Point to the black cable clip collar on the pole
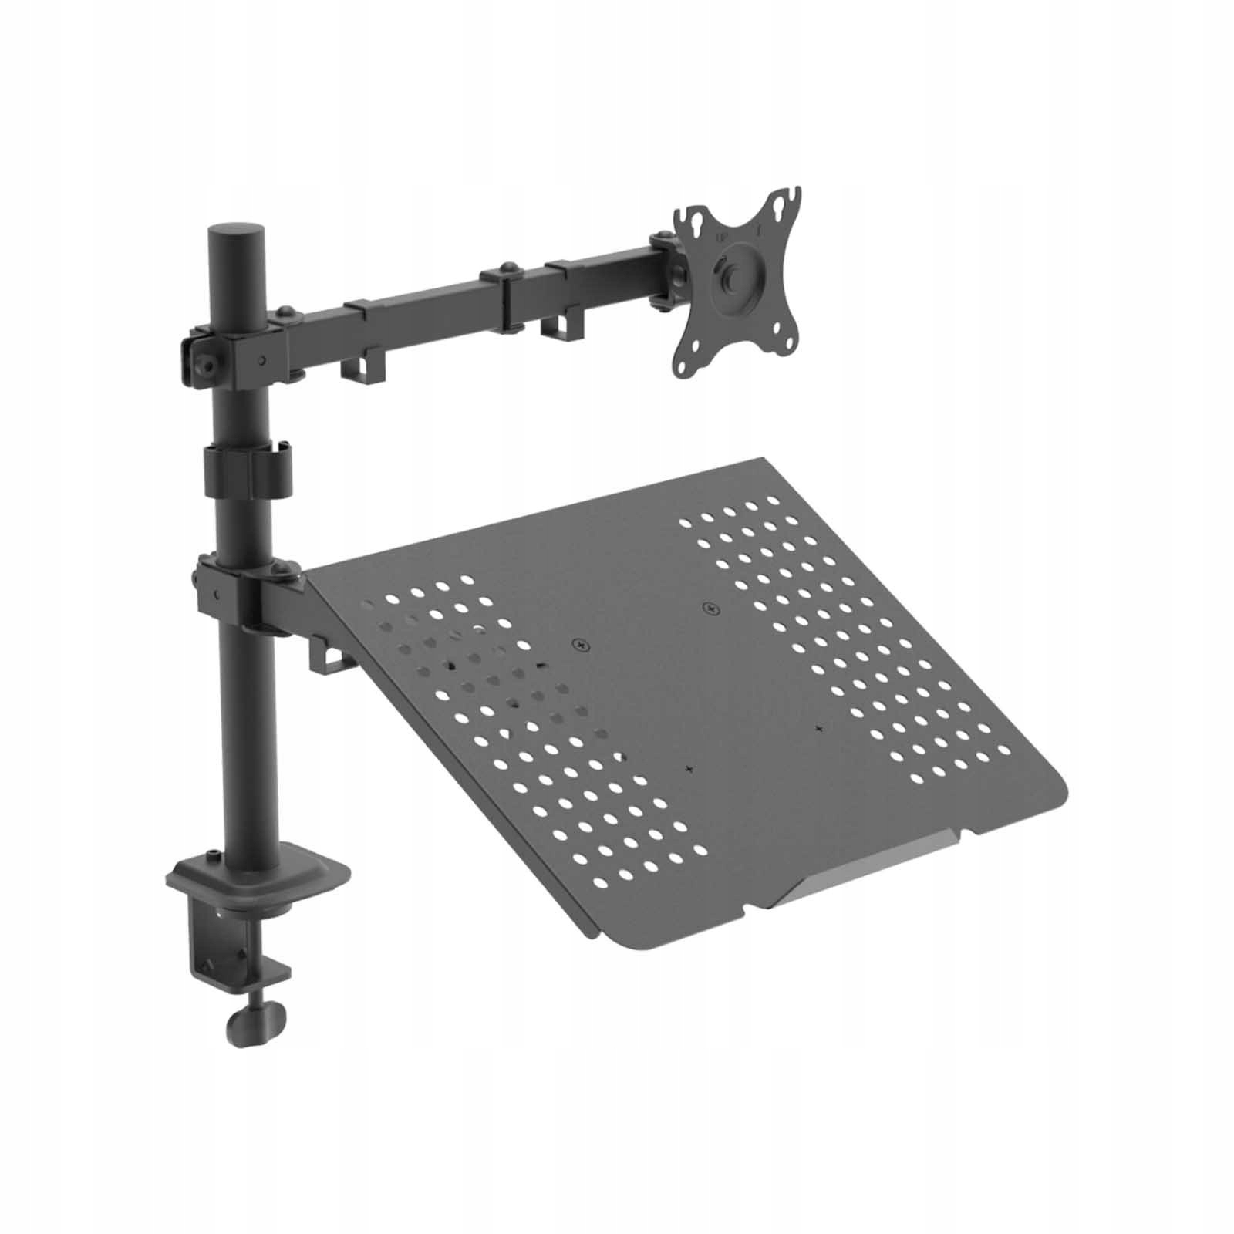[x=248, y=469]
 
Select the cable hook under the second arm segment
[x=561, y=326]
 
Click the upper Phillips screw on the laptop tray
[x=710, y=609]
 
